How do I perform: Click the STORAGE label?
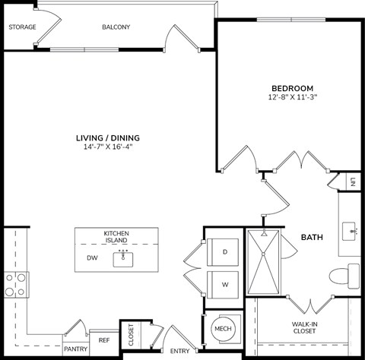tap(21, 27)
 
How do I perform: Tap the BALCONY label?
tap(116, 27)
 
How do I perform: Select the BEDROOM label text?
tap(291, 88)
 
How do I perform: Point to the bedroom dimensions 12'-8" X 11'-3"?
tap(291, 98)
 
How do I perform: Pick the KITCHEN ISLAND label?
tap(116, 237)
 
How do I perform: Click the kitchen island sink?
tap(123, 258)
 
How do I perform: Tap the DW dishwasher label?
tap(92, 258)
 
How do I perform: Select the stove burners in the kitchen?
tap(16, 284)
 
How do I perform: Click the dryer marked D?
tap(224, 251)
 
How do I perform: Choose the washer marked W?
tap(224, 286)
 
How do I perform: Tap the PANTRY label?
tap(76, 349)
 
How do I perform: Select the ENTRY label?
tap(180, 350)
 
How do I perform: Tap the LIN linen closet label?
tap(354, 182)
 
